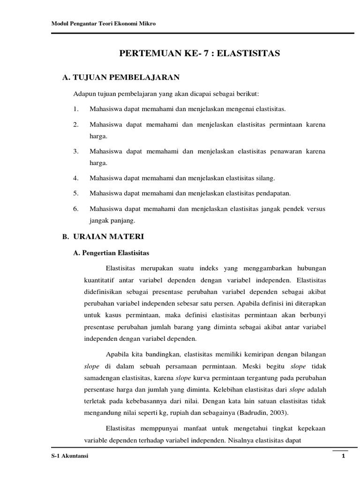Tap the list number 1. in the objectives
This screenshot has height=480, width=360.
coord(76,109)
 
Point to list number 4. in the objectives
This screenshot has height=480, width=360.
coord(76,179)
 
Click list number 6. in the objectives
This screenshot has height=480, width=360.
coord(76,209)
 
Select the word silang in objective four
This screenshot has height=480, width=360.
coord(264,179)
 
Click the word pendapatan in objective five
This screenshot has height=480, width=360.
coord(272,194)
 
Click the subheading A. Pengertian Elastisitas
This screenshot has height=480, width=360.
coord(112,253)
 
